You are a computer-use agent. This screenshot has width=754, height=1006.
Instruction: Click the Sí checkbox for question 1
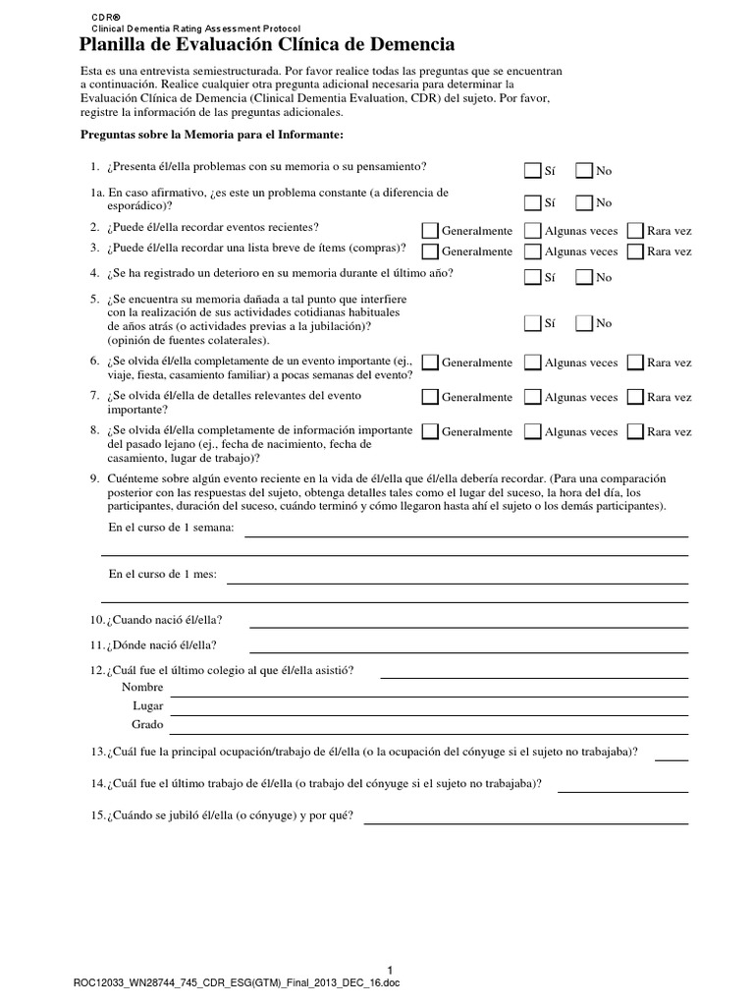532,170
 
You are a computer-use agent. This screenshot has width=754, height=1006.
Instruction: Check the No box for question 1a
583,202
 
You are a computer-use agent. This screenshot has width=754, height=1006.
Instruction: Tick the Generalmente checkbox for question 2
430,230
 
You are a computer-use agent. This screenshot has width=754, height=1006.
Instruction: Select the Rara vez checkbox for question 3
635,251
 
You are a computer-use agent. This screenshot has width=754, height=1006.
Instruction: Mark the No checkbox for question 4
583,277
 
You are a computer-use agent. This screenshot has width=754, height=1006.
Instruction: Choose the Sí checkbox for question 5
532,322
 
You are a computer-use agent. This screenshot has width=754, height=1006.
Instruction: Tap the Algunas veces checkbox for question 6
532,363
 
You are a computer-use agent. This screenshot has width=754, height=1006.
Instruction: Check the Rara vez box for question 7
635,397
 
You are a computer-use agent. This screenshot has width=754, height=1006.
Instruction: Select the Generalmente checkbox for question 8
430,431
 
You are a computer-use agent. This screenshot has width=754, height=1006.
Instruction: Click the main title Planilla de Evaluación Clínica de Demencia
266,44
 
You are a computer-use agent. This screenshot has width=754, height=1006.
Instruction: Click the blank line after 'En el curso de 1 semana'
465,535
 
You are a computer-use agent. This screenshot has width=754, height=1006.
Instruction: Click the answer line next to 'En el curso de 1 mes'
458,581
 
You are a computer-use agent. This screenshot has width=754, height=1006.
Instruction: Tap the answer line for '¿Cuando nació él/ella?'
468,626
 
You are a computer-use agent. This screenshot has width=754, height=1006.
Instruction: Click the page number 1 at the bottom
390,970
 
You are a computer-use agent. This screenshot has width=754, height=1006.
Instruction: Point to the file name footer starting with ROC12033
237,985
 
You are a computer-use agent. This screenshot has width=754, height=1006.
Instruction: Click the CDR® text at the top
106,18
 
